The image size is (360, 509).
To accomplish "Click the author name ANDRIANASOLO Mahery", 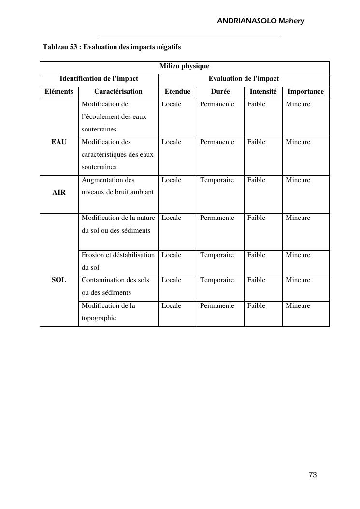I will (260, 21).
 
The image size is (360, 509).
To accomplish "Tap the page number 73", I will (313, 475).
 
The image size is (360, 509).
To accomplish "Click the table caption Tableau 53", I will (112, 47).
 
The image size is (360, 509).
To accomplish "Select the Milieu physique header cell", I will (184, 66).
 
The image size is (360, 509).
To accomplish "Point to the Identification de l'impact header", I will (99, 78).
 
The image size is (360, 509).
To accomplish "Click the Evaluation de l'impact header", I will (244, 78).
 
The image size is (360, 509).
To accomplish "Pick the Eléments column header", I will (59, 91).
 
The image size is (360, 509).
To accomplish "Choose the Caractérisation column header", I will (118, 91).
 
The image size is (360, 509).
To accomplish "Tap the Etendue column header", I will (177, 91).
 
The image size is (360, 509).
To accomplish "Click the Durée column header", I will (220, 91).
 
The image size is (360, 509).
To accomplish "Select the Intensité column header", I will (263, 91).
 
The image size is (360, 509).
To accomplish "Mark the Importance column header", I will (305, 91).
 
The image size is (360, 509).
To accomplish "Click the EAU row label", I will (59, 142).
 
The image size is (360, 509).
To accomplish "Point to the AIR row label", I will (59, 192).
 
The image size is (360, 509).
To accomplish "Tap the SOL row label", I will (59, 280).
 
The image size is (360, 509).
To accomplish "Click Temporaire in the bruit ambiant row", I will (217, 180).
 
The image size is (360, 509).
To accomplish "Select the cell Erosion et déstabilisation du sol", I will (118, 261).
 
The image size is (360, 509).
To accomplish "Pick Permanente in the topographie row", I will (217, 305).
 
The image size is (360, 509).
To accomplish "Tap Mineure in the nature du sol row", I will (298, 218).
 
